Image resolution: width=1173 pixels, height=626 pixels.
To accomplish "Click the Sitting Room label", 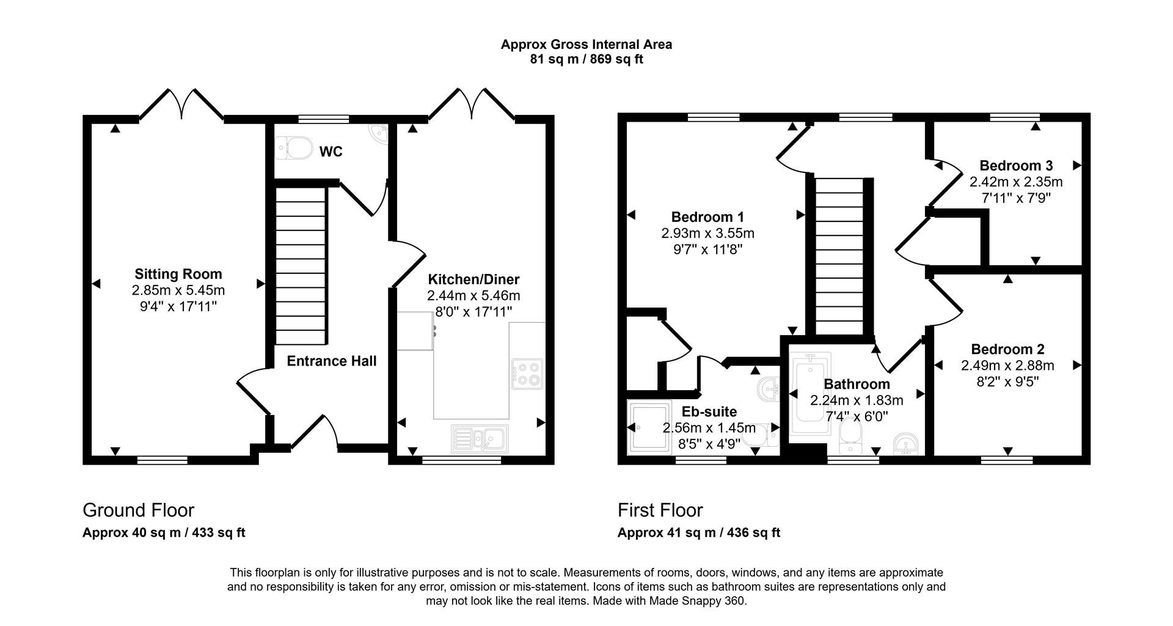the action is point(178,274).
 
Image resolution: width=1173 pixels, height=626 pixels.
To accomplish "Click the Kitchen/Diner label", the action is point(473,280).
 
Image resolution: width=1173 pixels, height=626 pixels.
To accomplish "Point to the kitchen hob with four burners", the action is point(527,374).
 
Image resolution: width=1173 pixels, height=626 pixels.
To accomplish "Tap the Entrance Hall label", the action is point(332,361).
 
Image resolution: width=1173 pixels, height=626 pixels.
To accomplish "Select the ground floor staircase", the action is point(301,266).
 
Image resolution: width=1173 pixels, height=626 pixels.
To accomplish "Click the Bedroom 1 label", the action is point(707,217).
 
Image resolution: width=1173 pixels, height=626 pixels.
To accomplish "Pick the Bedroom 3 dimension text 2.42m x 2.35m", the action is point(1016,182).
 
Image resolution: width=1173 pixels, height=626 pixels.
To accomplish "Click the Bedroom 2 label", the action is point(1007,349).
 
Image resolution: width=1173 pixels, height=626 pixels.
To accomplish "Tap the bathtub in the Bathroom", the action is point(811,394).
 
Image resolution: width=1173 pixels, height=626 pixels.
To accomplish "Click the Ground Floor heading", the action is point(138,510).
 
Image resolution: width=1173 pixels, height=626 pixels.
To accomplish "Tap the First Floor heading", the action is point(660,510).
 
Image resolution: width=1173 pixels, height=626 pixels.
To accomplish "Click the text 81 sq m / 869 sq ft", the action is point(586,59).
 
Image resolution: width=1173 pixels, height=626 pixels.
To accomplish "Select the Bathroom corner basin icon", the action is point(905,444).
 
